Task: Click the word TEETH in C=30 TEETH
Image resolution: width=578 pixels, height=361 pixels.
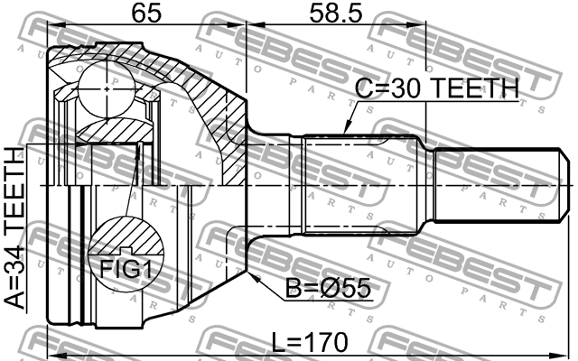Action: pos(476,88)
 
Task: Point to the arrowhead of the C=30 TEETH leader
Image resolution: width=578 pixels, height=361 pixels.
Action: pos(344,136)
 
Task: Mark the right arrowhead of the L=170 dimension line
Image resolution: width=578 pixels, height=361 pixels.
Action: pos(571,354)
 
